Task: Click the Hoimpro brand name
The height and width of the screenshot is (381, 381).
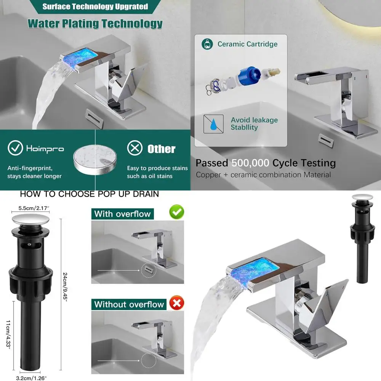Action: [x=45, y=149]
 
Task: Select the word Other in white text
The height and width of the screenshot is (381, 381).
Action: [x=162, y=149]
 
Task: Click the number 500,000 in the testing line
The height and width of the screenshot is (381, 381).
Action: [x=250, y=163]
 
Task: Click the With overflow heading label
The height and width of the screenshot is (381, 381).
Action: [x=122, y=214]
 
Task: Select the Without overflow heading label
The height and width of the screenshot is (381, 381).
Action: [x=129, y=304]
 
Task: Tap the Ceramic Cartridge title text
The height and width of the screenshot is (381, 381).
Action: [x=247, y=44]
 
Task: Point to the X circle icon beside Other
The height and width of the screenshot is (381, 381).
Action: [x=134, y=148]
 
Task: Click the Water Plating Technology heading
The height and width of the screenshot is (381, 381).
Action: [x=95, y=23]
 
